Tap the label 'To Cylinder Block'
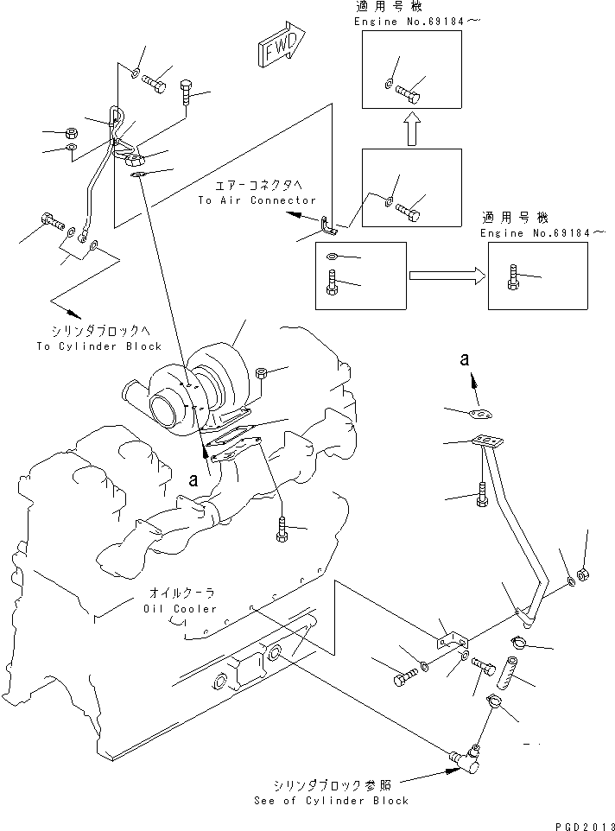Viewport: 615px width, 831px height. click(x=106, y=346)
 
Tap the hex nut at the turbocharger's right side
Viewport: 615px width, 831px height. click(x=263, y=373)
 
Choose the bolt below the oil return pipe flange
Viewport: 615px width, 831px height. click(x=482, y=497)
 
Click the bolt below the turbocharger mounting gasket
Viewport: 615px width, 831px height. click(x=282, y=528)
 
